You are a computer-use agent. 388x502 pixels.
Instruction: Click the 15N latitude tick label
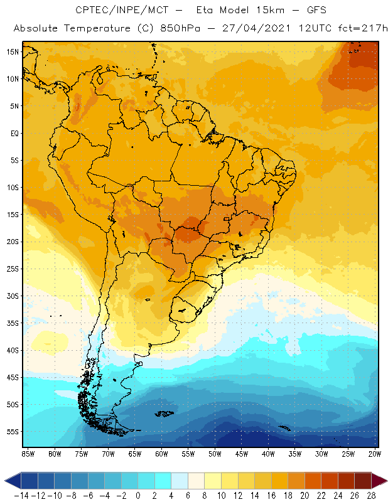click(13, 52)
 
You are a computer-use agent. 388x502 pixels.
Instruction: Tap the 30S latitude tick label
click(13, 296)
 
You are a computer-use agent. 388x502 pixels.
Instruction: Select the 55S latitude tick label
click(13, 432)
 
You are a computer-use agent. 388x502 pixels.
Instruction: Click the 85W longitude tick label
click(28, 454)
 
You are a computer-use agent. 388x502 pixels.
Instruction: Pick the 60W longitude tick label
click(161, 454)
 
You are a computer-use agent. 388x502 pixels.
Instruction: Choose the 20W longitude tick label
click(375, 454)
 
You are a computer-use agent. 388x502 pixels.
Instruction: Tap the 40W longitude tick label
click(268, 454)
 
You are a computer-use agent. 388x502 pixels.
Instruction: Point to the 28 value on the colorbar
click(371, 495)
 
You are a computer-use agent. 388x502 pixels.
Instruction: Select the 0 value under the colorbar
click(137, 495)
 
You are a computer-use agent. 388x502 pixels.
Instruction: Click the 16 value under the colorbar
click(271, 495)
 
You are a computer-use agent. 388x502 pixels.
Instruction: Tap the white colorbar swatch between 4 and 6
click(179, 481)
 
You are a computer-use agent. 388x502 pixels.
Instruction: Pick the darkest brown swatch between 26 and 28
click(362, 481)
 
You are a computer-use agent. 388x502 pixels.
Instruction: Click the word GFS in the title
click(301, 11)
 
